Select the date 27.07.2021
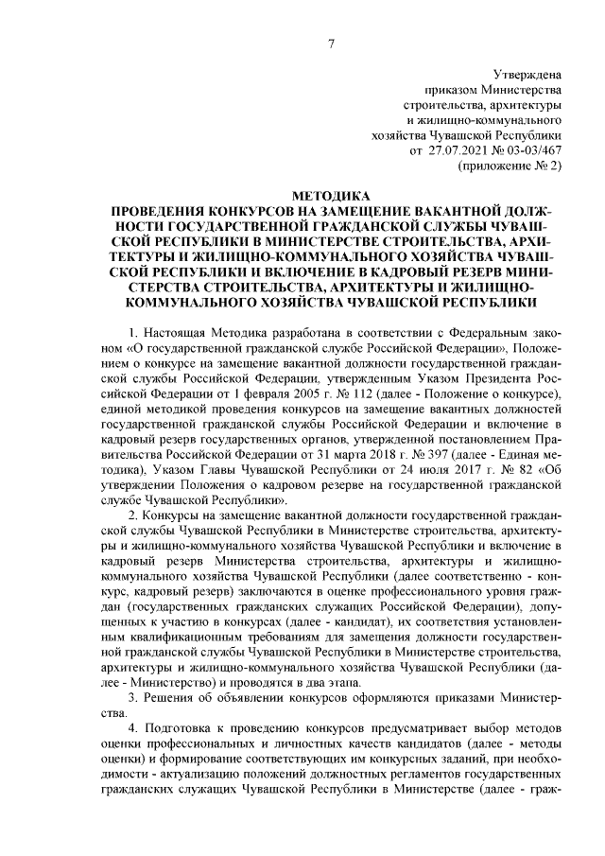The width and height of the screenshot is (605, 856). [458, 150]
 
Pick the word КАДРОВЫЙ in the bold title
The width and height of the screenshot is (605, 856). [383, 271]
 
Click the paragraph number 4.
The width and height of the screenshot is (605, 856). [132, 729]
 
